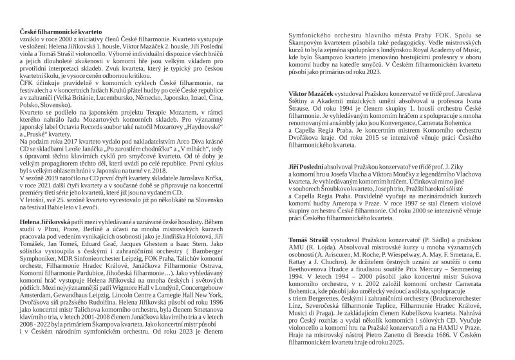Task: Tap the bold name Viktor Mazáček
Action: pos(312,95)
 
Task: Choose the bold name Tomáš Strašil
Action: pos(310,240)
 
